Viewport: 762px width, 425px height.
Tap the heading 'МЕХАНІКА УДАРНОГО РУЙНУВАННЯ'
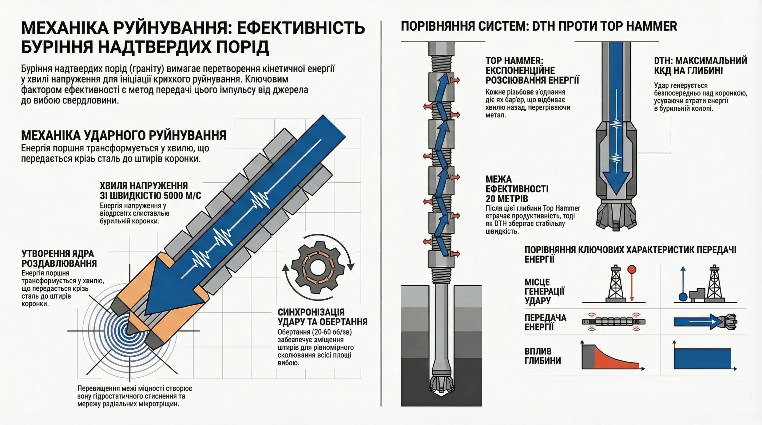pyautogui.click(x=124, y=135)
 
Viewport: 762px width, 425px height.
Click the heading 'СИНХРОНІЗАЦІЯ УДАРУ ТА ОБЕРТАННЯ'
pyautogui.click(x=322, y=317)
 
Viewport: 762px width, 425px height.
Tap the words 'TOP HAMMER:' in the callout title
pyautogui.click(x=514, y=61)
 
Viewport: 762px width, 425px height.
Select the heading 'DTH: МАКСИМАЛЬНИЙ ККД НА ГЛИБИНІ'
pyautogui.click(x=700, y=65)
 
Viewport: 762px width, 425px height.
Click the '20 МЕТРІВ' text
pyautogui.click(x=507, y=198)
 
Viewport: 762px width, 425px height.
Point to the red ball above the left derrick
pyautogui.click(x=632, y=270)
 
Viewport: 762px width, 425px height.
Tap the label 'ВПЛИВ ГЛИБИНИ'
pyautogui.click(x=543, y=356)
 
